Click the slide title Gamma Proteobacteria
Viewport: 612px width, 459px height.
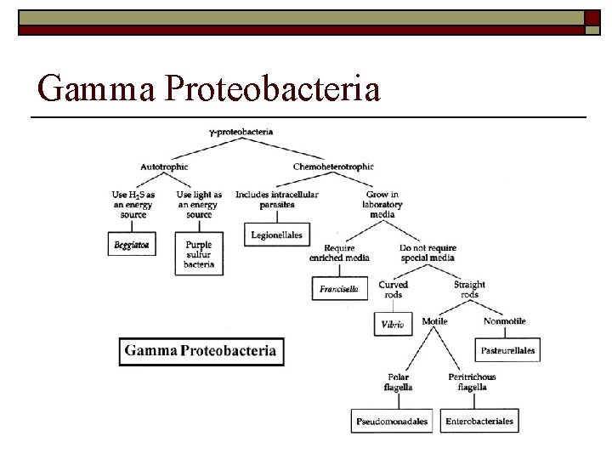pos(209,88)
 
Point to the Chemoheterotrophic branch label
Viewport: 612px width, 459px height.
pos(332,167)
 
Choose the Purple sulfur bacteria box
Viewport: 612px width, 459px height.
pos(198,253)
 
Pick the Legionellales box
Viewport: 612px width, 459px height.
pos(277,234)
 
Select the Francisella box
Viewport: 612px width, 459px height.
pos(338,289)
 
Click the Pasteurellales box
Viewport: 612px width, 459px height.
pos(507,349)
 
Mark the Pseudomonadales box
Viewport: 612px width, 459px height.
pos(392,421)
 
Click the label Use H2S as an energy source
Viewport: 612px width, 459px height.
pos(133,204)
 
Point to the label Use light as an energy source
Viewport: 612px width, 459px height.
pos(199,204)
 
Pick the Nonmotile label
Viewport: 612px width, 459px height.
pos(504,321)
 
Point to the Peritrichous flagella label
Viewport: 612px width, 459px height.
pos(472,382)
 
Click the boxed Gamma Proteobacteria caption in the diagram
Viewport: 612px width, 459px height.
pos(201,350)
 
